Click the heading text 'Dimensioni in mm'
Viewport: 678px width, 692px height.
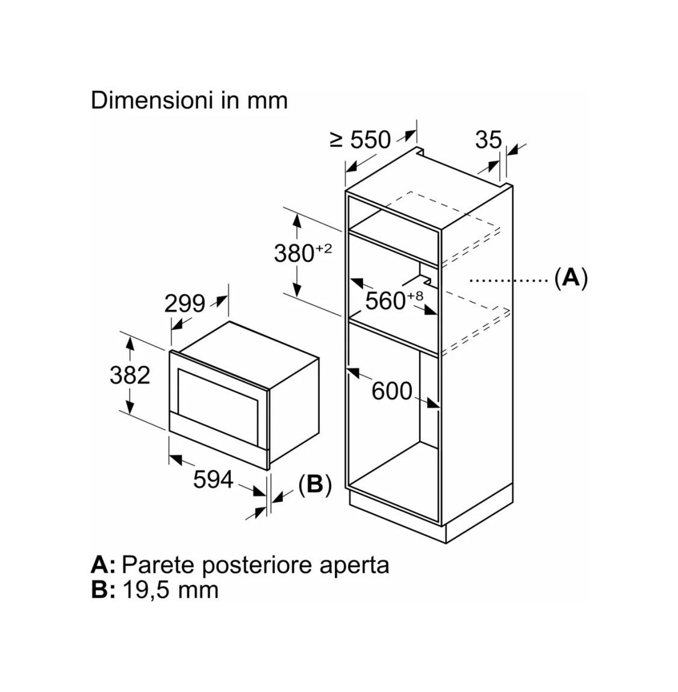tap(189, 100)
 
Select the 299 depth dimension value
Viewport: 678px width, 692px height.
tap(185, 304)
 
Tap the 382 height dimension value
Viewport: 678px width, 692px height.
tap(130, 375)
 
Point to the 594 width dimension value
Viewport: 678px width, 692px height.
tap(213, 479)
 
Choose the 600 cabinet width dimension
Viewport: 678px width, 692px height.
tap(392, 391)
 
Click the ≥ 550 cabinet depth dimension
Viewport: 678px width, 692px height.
tap(361, 140)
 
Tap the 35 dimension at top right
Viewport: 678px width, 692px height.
tap(488, 140)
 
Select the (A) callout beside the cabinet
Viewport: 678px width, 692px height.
tap(571, 278)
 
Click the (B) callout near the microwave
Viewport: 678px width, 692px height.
tap(315, 484)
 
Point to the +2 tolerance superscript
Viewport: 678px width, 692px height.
tap(324, 249)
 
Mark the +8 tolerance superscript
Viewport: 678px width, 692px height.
tap(415, 295)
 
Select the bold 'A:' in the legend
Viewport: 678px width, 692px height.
tap(103, 564)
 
